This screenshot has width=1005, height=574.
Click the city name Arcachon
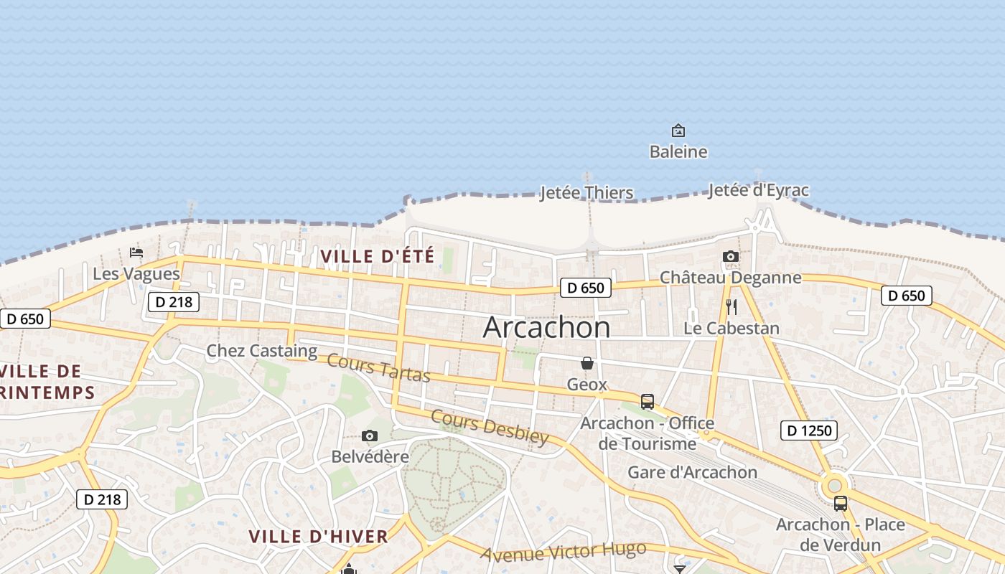547,327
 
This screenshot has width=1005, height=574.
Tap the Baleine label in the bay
678,152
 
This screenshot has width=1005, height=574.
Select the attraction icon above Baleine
678,131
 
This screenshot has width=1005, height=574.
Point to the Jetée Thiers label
586,192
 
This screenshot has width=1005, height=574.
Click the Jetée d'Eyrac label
758,190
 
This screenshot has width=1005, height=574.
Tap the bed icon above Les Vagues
136,253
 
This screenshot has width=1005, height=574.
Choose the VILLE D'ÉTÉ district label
378,256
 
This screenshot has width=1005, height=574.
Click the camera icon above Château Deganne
731,256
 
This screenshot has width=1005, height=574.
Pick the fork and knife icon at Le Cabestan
731,307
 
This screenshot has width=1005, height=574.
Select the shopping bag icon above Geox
587,363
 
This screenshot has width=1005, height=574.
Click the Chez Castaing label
262,351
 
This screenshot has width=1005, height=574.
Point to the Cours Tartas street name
378,368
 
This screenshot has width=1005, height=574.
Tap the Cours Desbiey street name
490,427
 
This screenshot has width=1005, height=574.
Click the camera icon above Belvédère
370,436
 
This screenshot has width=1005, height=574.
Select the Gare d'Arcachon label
693,472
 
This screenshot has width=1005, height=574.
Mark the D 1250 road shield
809,430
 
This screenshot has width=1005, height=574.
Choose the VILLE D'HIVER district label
318,536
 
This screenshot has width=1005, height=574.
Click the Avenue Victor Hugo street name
564,552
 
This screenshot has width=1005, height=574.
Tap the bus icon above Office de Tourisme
648,402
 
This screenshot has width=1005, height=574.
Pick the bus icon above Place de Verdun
841,504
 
